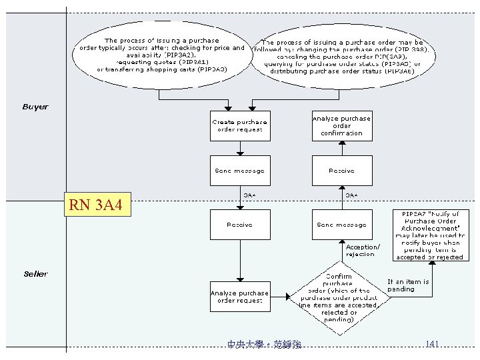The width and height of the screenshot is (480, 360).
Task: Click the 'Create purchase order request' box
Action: (240, 126)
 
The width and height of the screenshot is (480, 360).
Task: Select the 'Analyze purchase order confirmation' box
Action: (341, 125)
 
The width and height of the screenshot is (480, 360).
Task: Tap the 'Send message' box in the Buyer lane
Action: (240, 171)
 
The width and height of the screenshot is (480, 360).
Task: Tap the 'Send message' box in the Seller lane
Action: (341, 225)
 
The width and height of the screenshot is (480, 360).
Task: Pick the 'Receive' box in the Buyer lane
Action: (341, 171)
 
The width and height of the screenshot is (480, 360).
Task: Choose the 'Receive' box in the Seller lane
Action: (240, 225)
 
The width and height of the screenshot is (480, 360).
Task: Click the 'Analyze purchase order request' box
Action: (240, 297)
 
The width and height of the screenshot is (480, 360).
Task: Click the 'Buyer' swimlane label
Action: (35, 107)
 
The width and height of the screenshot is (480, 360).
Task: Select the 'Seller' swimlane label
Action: (35, 274)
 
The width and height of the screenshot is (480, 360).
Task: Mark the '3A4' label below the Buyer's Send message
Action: (249, 195)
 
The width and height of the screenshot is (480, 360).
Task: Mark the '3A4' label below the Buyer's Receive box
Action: (351, 195)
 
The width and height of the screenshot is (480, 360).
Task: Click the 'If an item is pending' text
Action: (409, 285)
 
